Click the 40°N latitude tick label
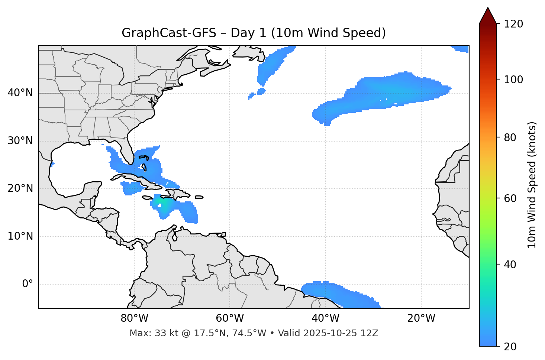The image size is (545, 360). (20, 93)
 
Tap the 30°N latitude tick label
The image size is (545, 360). (20, 141)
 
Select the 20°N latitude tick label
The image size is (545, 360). (20, 188)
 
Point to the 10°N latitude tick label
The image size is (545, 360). (20, 236)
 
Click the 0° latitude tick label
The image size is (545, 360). (28, 284)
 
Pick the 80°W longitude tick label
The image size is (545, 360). (134, 318)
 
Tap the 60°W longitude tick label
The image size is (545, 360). (230, 318)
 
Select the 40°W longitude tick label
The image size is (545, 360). (325, 318)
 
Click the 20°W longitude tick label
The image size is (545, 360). (421, 318)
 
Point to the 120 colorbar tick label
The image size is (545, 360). (514, 24)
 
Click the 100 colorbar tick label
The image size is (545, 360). (514, 80)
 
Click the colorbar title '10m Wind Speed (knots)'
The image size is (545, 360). (532, 185)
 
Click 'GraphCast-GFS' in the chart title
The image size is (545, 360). (169, 33)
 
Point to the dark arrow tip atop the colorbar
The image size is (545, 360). (487, 13)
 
